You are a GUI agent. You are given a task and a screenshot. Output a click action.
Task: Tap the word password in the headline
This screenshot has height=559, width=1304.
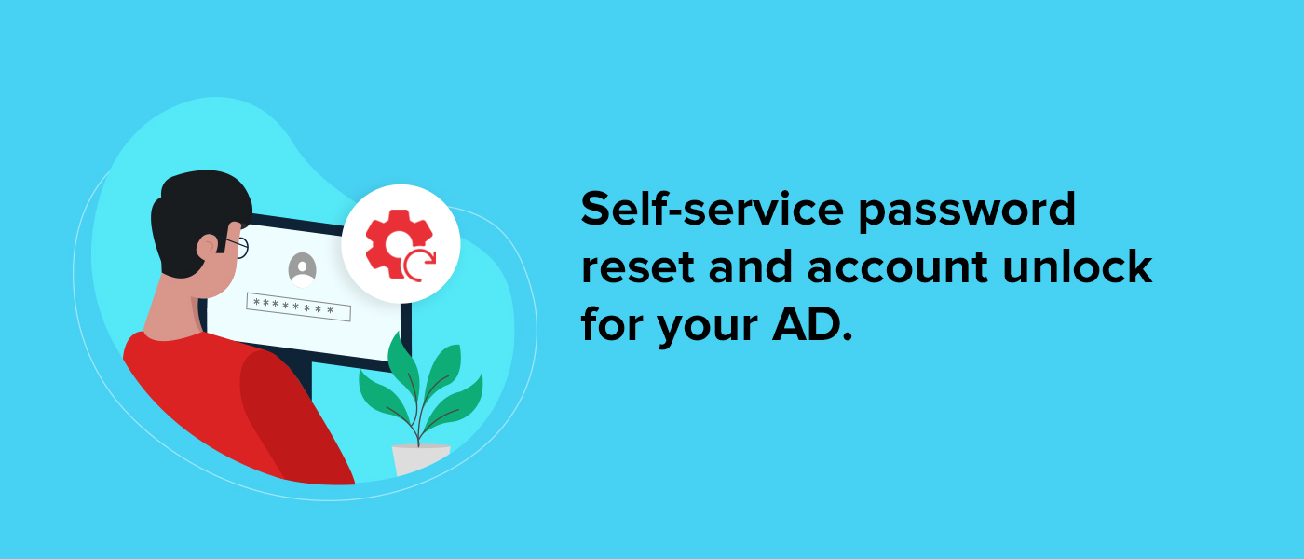pos(967,213)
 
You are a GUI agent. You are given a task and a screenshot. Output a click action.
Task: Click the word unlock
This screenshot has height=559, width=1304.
pos(1078,266)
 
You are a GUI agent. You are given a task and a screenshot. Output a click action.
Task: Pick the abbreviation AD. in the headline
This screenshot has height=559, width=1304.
pos(812,324)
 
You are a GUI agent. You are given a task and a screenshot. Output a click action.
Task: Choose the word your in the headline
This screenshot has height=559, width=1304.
pos(708,329)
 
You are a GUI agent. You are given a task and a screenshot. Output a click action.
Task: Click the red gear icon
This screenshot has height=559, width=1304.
pos(397,242)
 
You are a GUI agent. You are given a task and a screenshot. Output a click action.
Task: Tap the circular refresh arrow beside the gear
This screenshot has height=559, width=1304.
pos(419,266)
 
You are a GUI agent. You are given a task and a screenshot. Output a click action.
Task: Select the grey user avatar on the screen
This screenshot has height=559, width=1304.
pos(302,270)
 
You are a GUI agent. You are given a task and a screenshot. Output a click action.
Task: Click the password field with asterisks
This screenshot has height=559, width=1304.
pos(299,307)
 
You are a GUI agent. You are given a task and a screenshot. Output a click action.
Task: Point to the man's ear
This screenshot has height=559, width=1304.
pos(207,249)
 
